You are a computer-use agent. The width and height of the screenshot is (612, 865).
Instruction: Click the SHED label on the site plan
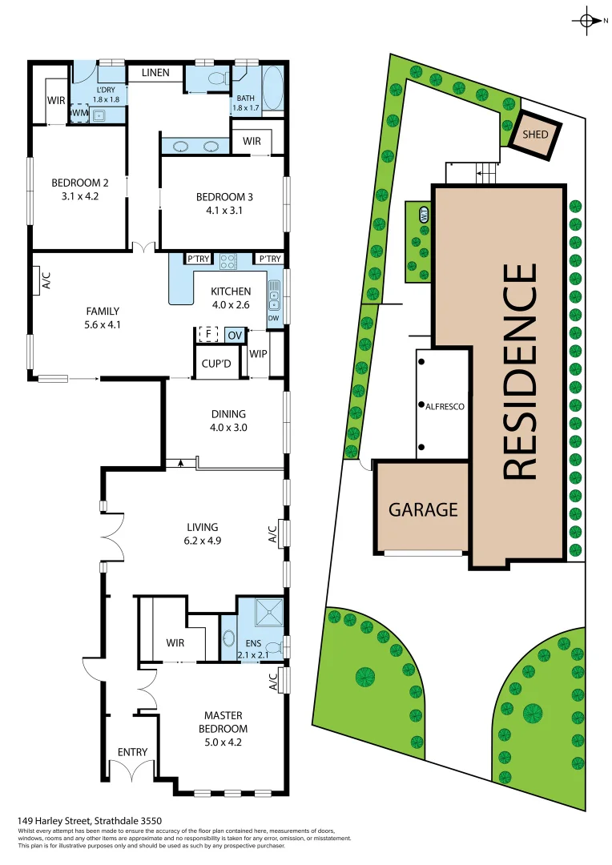pyautogui.click(x=535, y=134)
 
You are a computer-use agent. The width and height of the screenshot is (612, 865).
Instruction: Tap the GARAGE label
pyautogui.click(x=423, y=509)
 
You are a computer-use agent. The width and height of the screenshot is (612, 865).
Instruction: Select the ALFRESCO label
pyautogui.click(x=439, y=406)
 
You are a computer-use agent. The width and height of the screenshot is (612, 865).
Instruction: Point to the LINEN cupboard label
pyautogui.click(x=155, y=73)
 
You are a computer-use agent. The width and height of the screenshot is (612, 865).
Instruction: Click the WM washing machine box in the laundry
pyautogui.click(x=79, y=114)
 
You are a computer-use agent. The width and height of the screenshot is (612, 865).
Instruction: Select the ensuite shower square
pyautogui.click(x=269, y=613)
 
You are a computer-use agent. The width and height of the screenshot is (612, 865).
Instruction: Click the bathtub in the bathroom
pyautogui.click(x=272, y=91)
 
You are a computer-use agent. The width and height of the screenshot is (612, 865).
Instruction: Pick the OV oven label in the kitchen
pyautogui.click(x=234, y=334)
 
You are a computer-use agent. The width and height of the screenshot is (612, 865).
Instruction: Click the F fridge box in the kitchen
pyautogui.click(x=208, y=333)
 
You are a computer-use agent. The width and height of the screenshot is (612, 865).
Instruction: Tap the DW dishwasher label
pyautogui.click(x=274, y=318)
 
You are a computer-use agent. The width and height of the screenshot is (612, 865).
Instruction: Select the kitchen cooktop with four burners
pyautogui.click(x=227, y=259)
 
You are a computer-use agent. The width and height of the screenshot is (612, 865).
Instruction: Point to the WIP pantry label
pyautogui.click(x=258, y=353)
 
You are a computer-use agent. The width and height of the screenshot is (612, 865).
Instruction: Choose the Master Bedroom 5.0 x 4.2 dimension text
pyautogui.click(x=223, y=742)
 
